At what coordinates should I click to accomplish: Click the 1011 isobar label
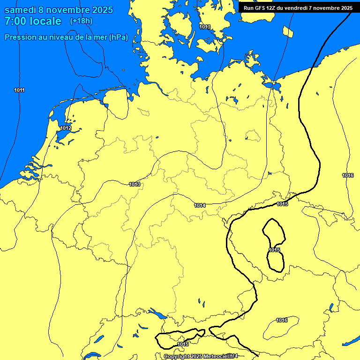(19, 90)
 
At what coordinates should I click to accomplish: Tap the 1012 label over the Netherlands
(66, 128)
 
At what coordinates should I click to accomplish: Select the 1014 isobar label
(200, 205)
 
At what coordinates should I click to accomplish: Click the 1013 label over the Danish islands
(205, 27)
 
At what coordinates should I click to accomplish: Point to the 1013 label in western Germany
(135, 184)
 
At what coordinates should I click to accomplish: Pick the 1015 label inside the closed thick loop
(274, 250)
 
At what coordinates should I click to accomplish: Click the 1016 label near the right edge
(348, 175)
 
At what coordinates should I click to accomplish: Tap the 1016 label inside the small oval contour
(282, 320)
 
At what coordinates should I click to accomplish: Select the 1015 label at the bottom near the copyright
(183, 345)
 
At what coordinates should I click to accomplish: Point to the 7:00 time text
(15, 21)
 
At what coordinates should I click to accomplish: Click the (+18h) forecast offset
(81, 21)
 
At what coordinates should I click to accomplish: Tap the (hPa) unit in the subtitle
(119, 37)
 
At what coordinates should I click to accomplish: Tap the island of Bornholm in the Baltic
(288, 32)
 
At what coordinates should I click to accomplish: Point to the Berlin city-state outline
(253, 136)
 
